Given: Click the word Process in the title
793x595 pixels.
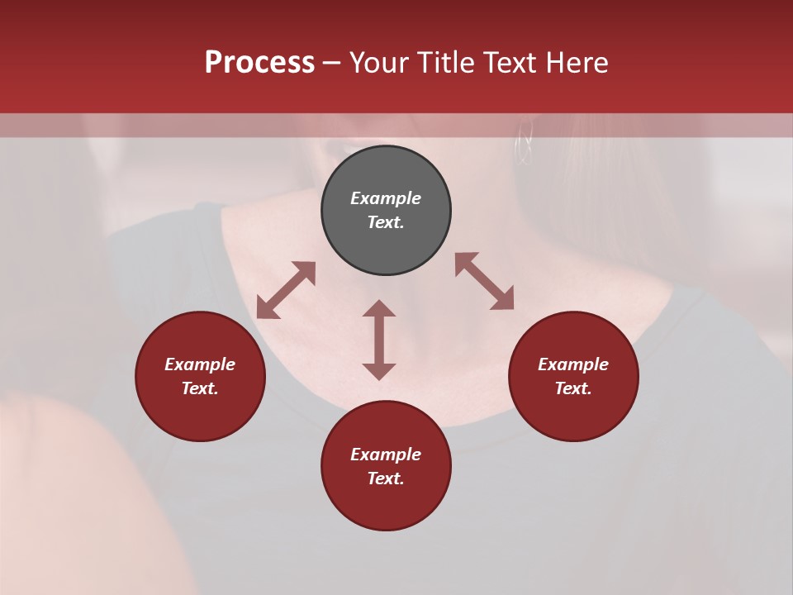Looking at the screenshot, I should click(259, 63).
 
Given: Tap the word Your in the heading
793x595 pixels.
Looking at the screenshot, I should click(382, 63).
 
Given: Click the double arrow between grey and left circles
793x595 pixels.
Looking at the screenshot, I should click(286, 290).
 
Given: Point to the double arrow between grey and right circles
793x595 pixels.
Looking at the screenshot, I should click(484, 281).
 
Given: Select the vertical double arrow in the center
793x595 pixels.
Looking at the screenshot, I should click(379, 340).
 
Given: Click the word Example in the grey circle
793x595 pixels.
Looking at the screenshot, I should click(386, 198).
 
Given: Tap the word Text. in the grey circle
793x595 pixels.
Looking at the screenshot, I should click(386, 222).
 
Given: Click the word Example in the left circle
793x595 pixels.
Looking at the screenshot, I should click(200, 364).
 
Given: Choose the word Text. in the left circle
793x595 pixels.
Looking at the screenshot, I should click(200, 388).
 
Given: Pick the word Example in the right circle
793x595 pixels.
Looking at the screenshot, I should click(573, 364).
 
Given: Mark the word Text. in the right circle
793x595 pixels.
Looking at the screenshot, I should click(573, 388).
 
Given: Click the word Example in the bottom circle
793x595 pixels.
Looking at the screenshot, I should click(386, 455).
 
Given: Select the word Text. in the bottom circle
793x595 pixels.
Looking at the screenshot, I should click(386, 478).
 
